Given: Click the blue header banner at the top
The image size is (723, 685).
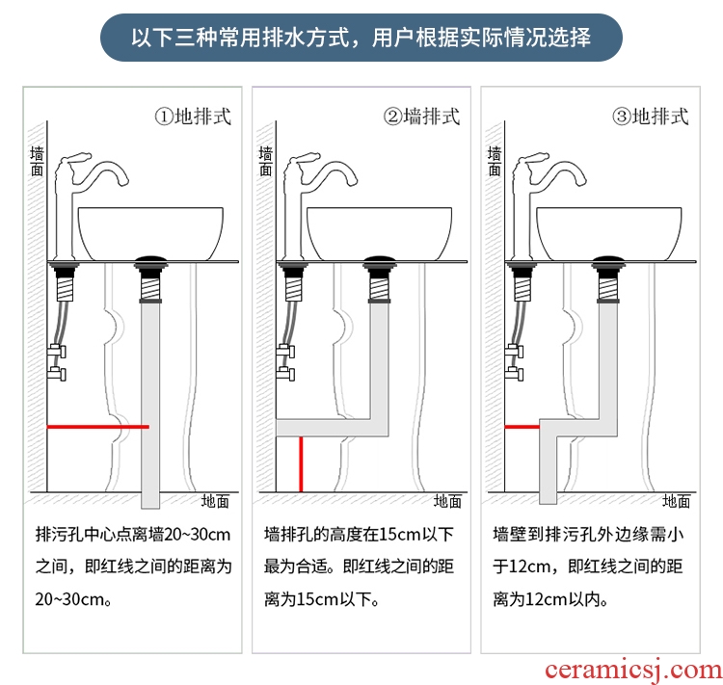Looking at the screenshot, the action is pyautogui.click(x=361, y=38).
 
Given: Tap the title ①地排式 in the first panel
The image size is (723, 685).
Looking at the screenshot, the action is pyautogui.click(x=193, y=117).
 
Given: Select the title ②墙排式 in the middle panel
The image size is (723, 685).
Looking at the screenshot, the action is pyautogui.click(x=421, y=117).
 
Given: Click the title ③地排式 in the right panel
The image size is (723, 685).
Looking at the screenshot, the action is pyautogui.click(x=650, y=117).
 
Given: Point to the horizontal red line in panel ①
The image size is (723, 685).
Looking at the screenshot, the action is pyautogui.click(x=97, y=427).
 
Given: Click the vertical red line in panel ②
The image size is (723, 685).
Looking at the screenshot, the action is pyautogui.click(x=301, y=464).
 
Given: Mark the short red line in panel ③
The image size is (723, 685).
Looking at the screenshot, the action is pyautogui.click(x=522, y=427).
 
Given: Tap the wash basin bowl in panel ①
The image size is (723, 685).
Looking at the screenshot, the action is pyautogui.click(x=150, y=234).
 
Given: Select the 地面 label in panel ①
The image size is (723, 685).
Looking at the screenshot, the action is pyautogui.click(x=215, y=501).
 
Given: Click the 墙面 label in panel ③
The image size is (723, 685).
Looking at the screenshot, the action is pyautogui.click(x=495, y=161).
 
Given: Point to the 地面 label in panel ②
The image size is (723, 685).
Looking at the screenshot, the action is pyautogui.click(x=447, y=501).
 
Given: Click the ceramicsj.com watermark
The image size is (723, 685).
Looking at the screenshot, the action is pyautogui.click(x=633, y=670).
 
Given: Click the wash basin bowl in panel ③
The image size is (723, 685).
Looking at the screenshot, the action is pyautogui.click(x=608, y=234).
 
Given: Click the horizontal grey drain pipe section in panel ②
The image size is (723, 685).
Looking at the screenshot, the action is pyautogui.click(x=332, y=428).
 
